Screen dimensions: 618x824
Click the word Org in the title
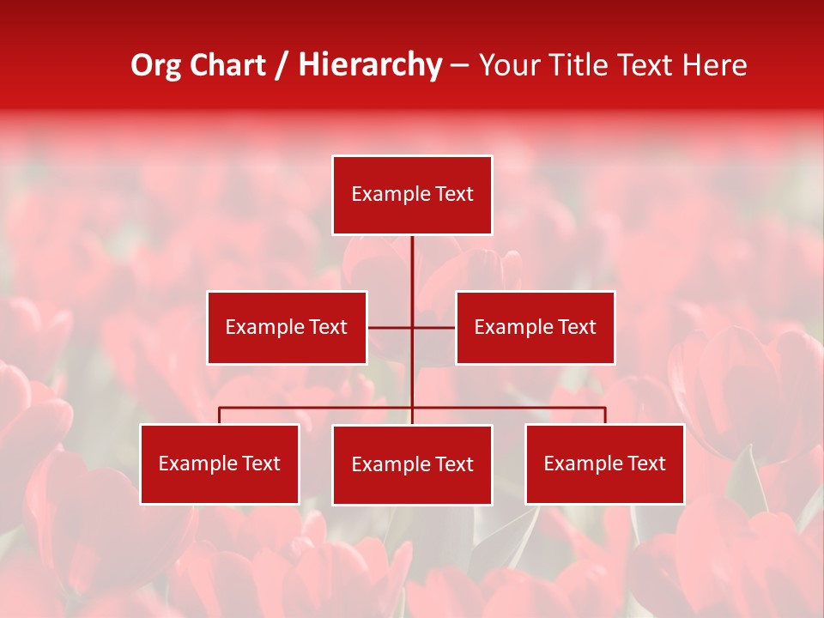(x=155, y=65)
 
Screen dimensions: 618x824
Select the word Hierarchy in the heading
(x=370, y=65)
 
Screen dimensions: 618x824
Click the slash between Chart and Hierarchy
(x=282, y=65)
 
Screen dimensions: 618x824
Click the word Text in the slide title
(x=648, y=65)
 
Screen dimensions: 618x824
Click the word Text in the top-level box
(x=454, y=195)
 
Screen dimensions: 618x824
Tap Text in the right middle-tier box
(x=577, y=328)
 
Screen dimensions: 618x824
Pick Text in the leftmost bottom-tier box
(x=261, y=464)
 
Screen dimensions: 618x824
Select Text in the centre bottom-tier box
(x=454, y=465)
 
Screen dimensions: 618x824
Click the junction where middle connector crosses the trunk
(x=412, y=327)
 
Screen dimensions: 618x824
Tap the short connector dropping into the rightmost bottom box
(x=605, y=415)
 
